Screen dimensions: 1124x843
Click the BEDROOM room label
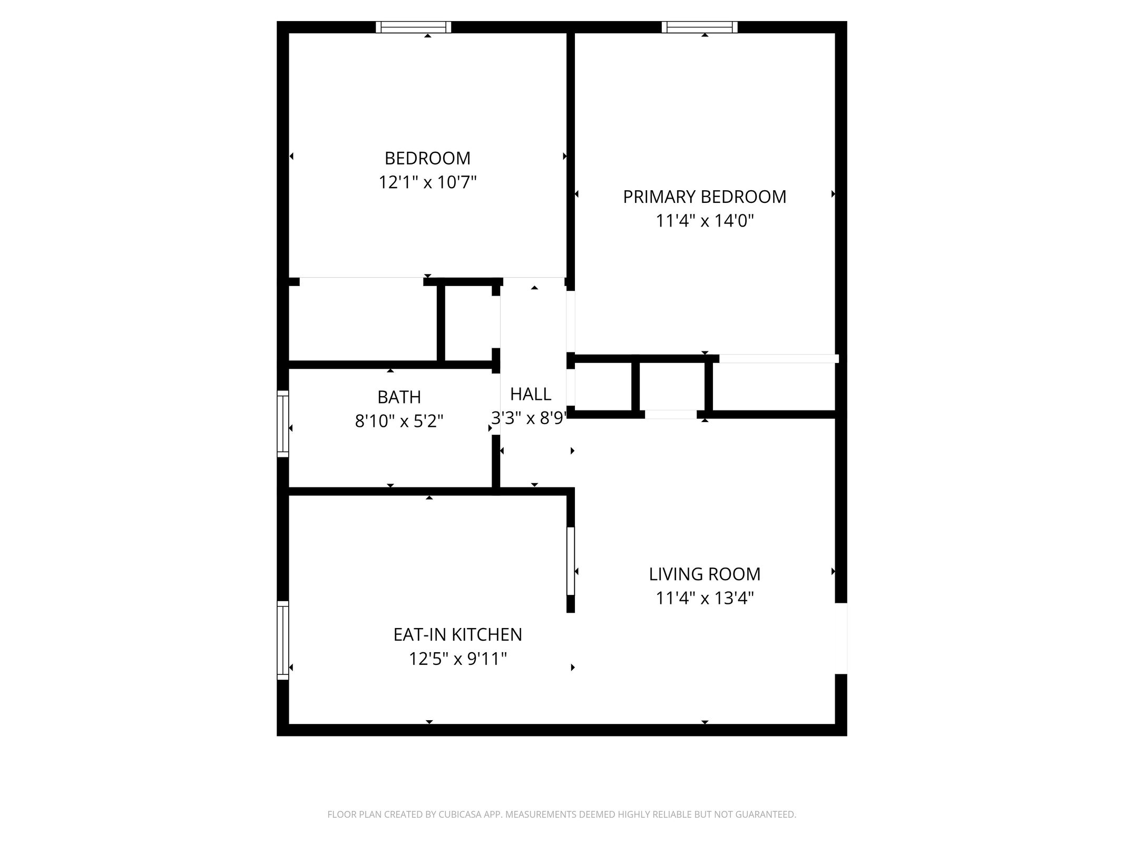[427, 158]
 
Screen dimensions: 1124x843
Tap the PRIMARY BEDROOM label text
[705, 197]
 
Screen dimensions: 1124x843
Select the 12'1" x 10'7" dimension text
[427, 182]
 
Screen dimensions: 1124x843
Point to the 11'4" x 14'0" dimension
[705, 221]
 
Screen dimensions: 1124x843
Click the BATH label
[399, 397]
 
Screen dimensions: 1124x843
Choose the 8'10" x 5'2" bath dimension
[399, 421]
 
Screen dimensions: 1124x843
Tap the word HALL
[531, 394]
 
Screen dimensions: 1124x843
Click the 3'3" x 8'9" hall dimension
[529, 418]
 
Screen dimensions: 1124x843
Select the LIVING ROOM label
[705, 574]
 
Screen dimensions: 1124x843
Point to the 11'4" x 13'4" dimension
[705, 598]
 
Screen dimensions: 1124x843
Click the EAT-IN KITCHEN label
[457, 634]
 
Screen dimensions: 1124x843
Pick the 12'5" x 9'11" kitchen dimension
[457, 659]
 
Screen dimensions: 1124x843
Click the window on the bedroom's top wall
[414, 27]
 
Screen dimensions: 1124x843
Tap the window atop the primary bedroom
[699, 27]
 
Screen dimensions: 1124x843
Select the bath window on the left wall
[283, 424]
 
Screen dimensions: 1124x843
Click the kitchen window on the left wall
[283, 640]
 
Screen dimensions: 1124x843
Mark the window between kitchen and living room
[570, 561]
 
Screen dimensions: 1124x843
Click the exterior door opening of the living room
[841, 638]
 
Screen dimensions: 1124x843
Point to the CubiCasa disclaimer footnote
[562, 814]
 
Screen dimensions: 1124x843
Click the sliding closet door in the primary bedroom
[779, 359]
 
